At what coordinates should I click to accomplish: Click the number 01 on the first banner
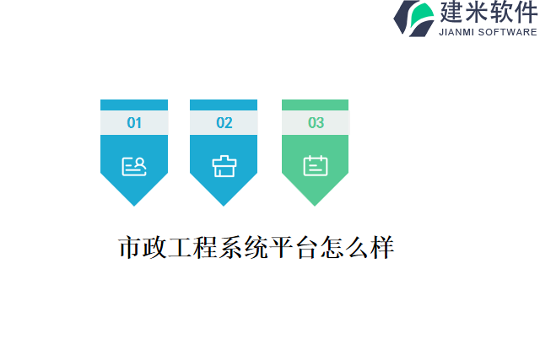tap(134, 123)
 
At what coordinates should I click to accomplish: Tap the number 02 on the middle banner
tap(224, 123)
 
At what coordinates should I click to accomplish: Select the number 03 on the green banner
tap(316, 123)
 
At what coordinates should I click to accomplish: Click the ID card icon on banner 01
tap(134, 166)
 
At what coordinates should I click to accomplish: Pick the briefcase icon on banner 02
tap(224, 166)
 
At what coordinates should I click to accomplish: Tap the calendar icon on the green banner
tap(316, 165)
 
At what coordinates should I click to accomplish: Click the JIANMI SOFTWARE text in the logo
tap(488, 32)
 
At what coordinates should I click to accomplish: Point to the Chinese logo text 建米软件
tap(488, 12)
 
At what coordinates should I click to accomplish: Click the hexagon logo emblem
tap(414, 18)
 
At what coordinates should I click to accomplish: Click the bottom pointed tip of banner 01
tap(134, 202)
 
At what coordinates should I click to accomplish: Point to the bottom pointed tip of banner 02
tap(224, 202)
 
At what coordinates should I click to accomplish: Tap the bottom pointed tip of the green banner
tap(316, 202)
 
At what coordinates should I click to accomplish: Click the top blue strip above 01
tap(134, 105)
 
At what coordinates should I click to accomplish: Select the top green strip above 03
tap(316, 105)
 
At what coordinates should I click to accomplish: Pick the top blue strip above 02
tap(224, 105)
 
